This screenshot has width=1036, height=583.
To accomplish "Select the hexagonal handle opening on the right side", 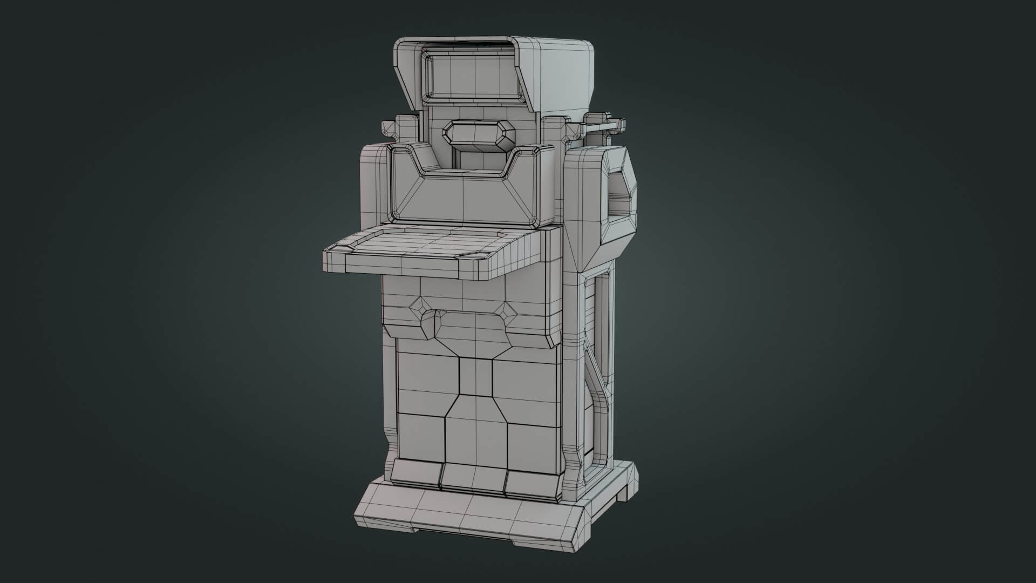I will coord(620,196).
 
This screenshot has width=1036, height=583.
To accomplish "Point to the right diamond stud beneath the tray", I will coord(508,310).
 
